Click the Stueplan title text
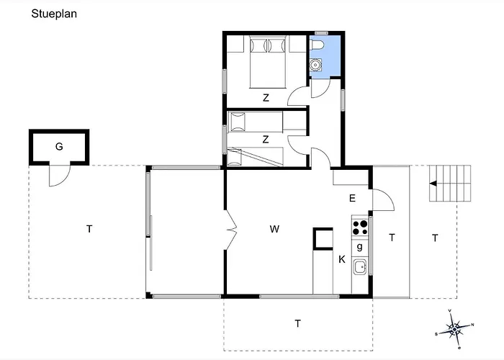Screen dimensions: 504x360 54,14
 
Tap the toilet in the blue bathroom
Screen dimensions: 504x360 317,45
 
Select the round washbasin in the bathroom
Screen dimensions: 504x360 316,65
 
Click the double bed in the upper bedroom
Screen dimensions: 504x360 268,62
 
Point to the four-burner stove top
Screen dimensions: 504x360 360,228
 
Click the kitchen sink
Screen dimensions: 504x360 360,267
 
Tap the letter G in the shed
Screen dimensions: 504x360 59,147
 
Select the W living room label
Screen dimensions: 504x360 274,229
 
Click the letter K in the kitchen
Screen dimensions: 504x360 342,259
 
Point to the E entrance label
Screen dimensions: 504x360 352,198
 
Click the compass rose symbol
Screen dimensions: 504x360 454,330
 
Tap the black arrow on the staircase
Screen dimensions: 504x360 433,184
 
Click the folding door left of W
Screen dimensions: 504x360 231,230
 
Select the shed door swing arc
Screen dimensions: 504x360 60,176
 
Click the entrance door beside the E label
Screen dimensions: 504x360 383,200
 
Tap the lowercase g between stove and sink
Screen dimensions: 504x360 360,247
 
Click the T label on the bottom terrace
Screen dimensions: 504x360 297,323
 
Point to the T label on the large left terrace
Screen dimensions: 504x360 89,229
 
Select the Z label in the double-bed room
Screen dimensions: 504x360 266,98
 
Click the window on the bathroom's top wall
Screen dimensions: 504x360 321,33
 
